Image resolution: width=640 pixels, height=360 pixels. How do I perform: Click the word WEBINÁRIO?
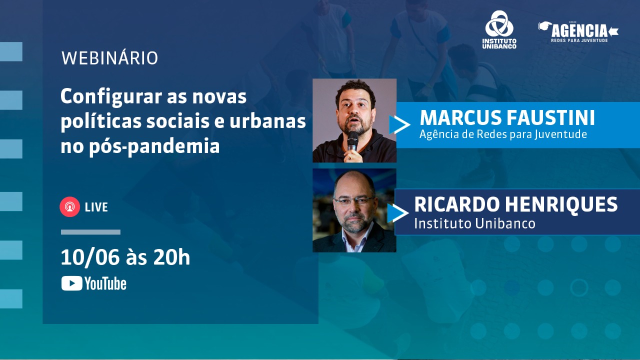[x=109, y=58]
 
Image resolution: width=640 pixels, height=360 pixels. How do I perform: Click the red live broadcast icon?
[x=69, y=207]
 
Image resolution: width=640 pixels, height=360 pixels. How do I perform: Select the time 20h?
[x=171, y=258]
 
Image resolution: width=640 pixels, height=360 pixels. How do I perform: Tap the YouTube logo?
[x=93, y=284]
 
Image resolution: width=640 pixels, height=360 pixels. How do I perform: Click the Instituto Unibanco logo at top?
[x=499, y=30]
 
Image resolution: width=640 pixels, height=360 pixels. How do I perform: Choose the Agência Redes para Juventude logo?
[x=578, y=32]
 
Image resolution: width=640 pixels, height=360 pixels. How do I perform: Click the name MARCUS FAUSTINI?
[x=507, y=118]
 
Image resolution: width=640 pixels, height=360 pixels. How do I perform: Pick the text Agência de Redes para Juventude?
[x=503, y=134]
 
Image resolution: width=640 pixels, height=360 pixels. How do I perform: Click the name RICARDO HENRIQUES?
[x=515, y=204]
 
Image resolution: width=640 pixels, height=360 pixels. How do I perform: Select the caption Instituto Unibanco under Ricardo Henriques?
[x=474, y=223]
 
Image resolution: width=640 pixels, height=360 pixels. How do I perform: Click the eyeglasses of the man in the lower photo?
[x=354, y=200]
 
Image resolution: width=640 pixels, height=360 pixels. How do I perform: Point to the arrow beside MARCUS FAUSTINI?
[x=400, y=125]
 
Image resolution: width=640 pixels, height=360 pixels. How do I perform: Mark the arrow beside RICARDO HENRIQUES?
[x=399, y=213]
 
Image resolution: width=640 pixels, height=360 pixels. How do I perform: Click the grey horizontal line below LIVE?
[x=90, y=232]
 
